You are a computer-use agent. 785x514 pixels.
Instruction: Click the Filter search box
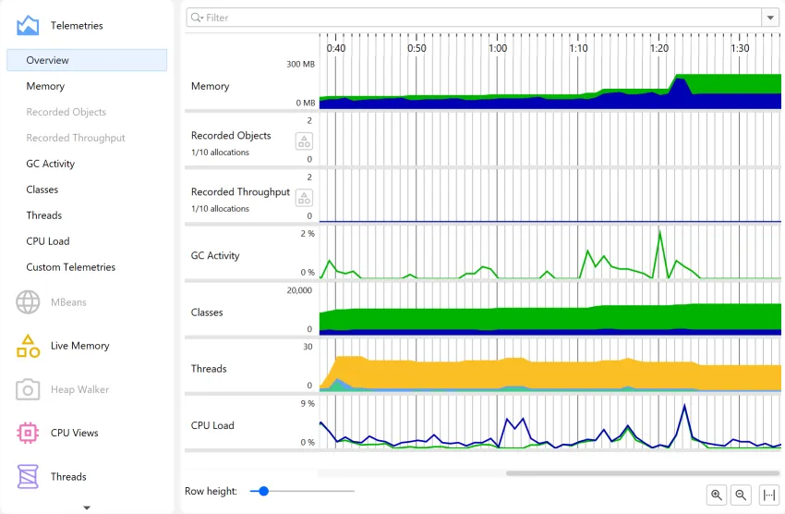[x=471, y=18]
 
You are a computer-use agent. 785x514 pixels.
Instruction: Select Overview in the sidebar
[x=87, y=60]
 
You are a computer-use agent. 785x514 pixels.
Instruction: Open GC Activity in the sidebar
[x=51, y=164]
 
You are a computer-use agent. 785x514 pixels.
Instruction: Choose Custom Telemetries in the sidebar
[x=71, y=267]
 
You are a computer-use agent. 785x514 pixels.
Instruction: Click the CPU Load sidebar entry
[x=48, y=241]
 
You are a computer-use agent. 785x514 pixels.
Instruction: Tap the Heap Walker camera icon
[x=28, y=389]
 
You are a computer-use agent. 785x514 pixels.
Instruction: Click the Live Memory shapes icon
[x=28, y=346]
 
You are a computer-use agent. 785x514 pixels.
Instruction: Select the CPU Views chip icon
[x=28, y=433]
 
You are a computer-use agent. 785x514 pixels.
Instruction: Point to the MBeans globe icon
[x=28, y=301]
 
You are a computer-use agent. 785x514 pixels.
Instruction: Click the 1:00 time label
[x=498, y=48]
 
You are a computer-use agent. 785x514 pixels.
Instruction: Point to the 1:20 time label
[x=659, y=48]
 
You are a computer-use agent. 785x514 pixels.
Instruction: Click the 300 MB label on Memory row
[x=300, y=65]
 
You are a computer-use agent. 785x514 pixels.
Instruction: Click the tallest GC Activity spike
[x=659, y=232]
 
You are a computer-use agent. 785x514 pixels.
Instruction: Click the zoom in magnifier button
[x=717, y=495]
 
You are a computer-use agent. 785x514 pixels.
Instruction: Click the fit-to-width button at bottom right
[x=768, y=495]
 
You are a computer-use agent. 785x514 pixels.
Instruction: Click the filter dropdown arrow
[x=769, y=18]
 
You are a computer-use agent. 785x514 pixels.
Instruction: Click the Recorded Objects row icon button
[x=303, y=141]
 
